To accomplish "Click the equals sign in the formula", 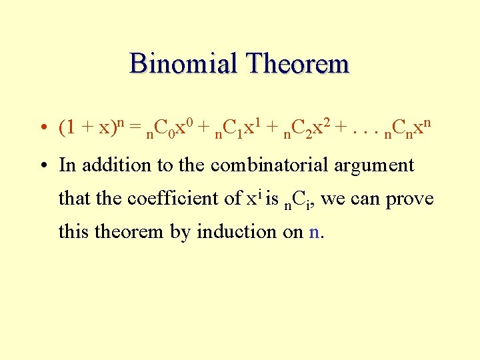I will [x=135, y=127].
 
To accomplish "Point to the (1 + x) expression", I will [x=89, y=127].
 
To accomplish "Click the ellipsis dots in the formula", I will [x=359, y=128].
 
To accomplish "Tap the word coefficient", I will [x=172, y=199].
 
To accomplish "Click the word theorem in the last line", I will [x=125, y=232].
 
